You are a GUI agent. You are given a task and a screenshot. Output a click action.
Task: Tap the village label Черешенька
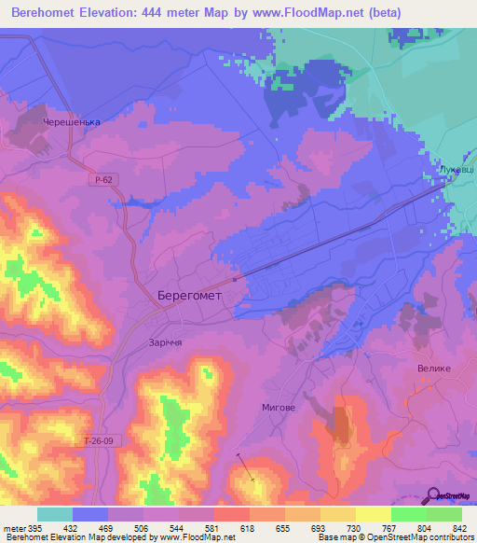[x=71, y=122]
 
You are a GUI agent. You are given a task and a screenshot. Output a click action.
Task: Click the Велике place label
[x=433, y=368]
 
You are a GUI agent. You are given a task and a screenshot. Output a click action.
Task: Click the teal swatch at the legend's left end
[x=55, y=514]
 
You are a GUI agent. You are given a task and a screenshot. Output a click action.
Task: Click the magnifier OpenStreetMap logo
[x=432, y=495]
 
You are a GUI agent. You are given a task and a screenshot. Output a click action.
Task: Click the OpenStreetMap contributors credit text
[x=410, y=537]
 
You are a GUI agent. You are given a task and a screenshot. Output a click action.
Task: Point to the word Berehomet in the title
[x=52, y=12]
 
